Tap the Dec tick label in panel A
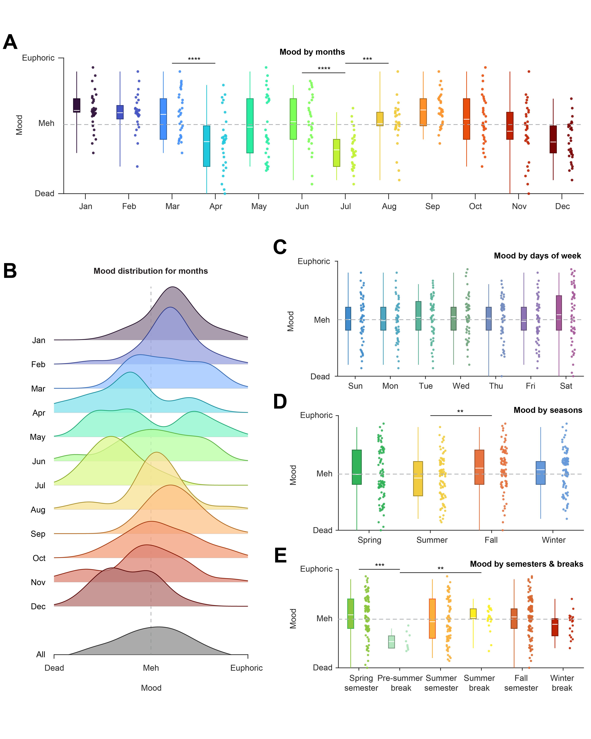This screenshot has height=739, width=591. tap(562, 206)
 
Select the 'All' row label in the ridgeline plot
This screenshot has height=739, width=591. tap(41, 654)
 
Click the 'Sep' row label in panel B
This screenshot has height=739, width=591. tap(38, 534)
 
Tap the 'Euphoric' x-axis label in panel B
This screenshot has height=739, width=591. tap(246, 668)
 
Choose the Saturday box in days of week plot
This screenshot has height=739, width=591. tap(559, 313)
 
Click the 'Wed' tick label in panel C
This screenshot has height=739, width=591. tap(461, 386)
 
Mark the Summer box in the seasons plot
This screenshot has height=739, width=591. tap(418, 479)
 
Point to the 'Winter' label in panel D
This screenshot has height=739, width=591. tap(554, 540)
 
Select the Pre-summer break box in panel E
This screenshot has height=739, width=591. tap(391, 642)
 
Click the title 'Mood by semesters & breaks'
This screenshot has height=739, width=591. tap(526, 564)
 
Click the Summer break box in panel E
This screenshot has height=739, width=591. tap(473, 614)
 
